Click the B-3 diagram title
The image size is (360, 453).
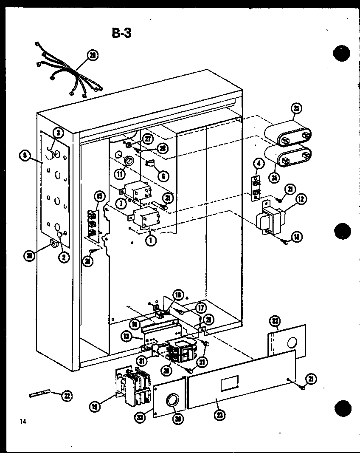122,33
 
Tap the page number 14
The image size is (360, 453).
22,422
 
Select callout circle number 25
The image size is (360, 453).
296,109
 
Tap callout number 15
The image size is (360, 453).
99,196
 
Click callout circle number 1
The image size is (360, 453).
150,239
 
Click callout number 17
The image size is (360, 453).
200,308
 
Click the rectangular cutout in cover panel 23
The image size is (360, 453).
228,385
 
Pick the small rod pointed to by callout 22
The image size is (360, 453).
39,394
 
